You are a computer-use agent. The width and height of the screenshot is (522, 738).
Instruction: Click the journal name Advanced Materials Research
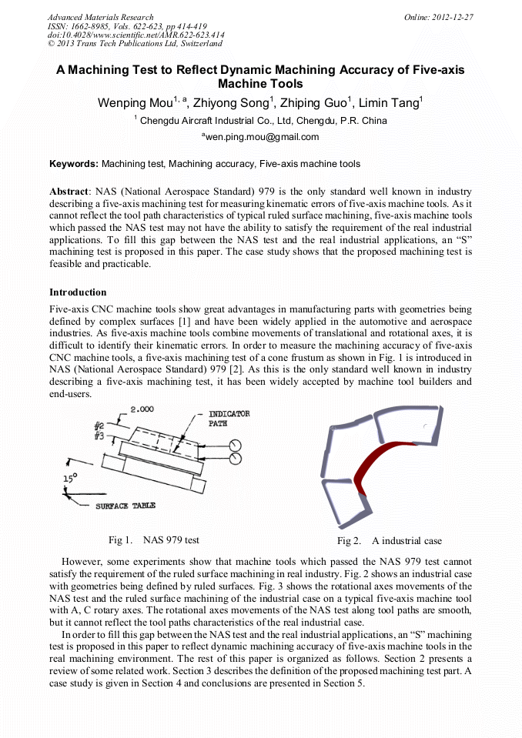pos(100,17)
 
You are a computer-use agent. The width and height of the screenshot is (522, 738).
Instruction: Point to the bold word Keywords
pos(73,164)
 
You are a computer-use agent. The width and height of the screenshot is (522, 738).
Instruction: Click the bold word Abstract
pos(70,191)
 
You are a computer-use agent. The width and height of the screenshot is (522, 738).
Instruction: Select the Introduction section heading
pos(78,292)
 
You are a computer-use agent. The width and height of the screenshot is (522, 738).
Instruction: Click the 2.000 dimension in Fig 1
pos(142,409)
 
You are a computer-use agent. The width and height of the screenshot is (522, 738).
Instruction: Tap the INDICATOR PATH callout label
pos(229,419)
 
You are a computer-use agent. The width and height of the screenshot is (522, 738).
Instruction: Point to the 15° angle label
pos(71,478)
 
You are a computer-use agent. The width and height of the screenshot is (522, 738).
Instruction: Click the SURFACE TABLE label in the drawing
pos(125,506)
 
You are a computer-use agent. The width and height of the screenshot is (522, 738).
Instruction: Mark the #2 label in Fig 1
pos(99,426)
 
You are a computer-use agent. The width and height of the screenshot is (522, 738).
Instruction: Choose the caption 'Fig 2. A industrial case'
pos(390,541)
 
